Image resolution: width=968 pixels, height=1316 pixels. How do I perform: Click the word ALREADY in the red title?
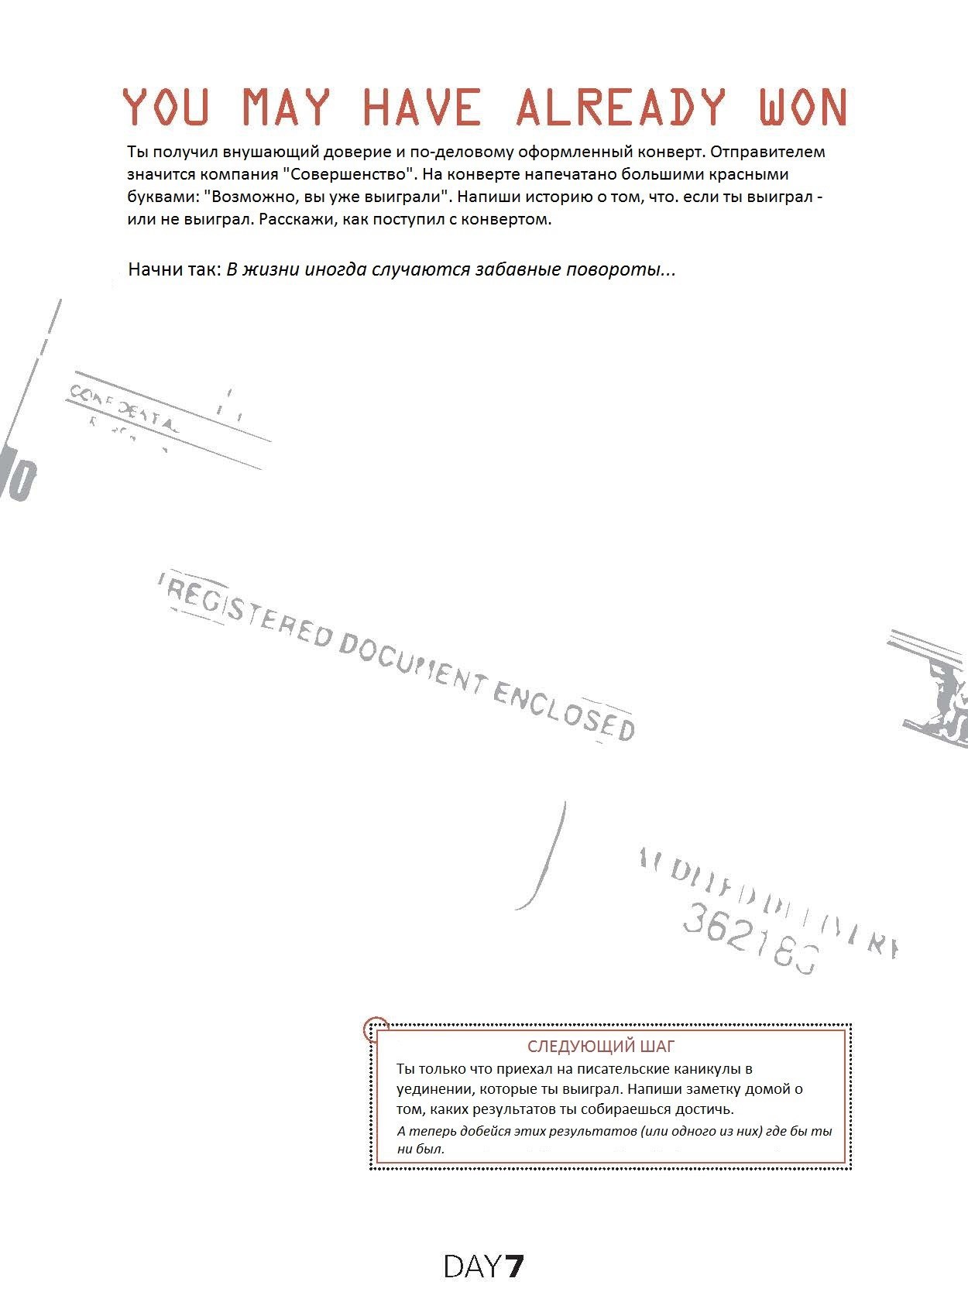pos(621,107)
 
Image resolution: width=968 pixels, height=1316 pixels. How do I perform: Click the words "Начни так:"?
pos(175,270)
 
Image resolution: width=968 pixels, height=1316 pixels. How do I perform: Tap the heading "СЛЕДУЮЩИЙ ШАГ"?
pos(601,1047)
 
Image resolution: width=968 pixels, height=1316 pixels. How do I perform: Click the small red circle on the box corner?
pos(375,1029)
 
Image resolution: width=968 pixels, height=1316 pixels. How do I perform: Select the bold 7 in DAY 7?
pos(515,1267)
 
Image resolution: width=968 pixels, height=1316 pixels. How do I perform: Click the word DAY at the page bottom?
pos(472,1267)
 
